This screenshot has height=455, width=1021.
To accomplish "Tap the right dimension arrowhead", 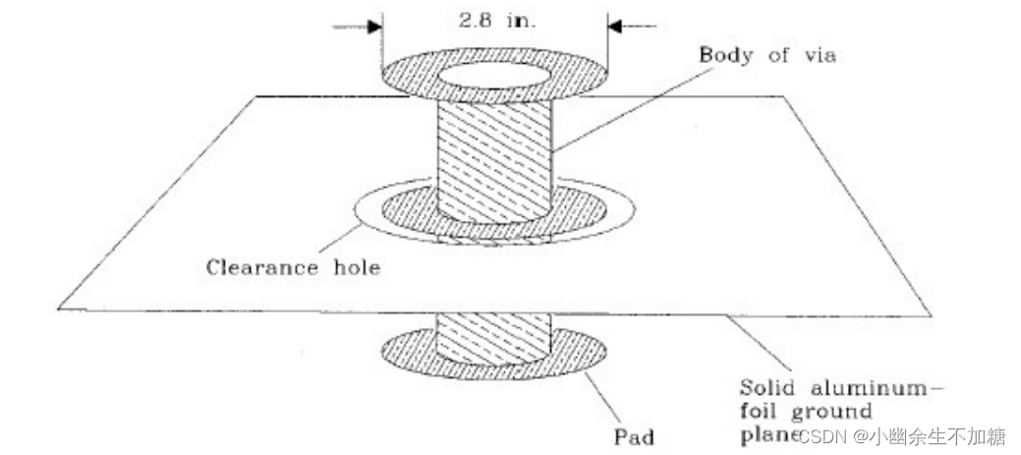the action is [614, 27].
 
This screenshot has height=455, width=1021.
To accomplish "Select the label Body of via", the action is [766, 55].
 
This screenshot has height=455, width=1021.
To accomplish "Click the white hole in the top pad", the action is [494, 76].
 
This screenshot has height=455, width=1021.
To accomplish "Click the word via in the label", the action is [816, 55].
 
